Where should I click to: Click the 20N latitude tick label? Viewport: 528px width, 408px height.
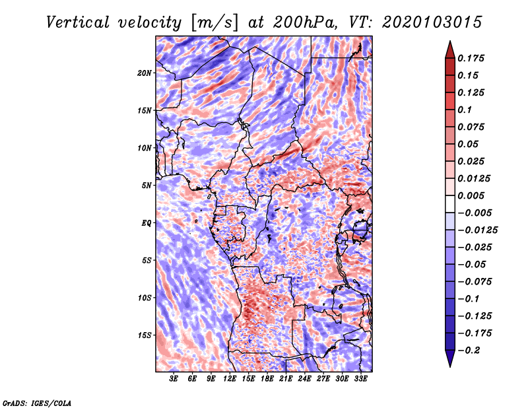[x=145, y=73]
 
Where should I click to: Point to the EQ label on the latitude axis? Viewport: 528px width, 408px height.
[x=147, y=223]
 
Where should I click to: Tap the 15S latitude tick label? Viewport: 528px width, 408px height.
[x=145, y=335]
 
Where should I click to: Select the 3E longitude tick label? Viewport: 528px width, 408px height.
[x=174, y=378]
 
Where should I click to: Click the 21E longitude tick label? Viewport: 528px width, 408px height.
[x=286, y=378]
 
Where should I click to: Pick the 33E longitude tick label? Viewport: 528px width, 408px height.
[x=360, y=378]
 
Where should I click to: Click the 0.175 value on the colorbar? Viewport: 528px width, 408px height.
[x=471, y=58]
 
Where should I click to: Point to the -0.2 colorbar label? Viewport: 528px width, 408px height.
[x=469, y=351]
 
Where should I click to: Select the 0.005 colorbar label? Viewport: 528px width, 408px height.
[x=471, y=195]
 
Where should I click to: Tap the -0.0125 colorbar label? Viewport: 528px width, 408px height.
[x=477, y=230]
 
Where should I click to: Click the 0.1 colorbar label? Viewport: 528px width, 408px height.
[x=465, y=110]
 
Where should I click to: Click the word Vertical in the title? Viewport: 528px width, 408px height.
[x=78, y=22]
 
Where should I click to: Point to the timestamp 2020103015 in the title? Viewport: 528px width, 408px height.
[x=432, y=22]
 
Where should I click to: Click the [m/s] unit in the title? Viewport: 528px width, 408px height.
[x=214, y=23]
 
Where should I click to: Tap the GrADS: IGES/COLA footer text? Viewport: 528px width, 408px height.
[x=37, y=403]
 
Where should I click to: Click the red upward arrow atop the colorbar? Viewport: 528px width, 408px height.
[x=450, y=50]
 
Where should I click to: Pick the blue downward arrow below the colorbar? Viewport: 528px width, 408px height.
[x=450, y=358]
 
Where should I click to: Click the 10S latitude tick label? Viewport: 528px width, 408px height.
[x=145, y=298]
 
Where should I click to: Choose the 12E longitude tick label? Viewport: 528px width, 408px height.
[x=229, y=378]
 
